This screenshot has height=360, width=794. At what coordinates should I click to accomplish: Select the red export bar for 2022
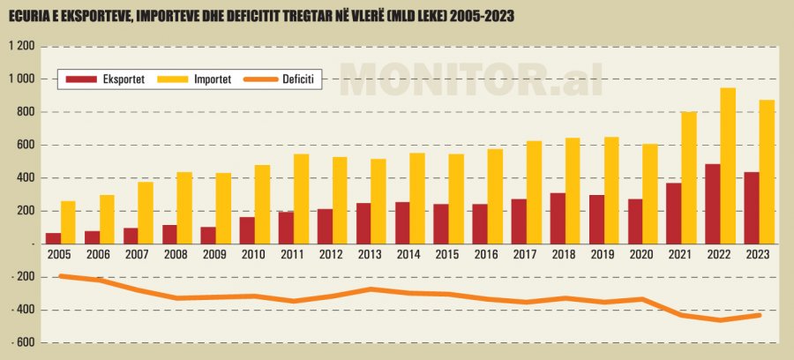[x=712, y=203]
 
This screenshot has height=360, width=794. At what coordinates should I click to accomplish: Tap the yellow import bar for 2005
[x=69, y=221]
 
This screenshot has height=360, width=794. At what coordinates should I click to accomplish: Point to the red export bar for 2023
[x=751, y=207]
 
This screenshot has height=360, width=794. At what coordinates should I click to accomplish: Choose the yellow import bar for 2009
[x=223, y=208]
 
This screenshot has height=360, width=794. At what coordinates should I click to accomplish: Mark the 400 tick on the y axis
[x=24, y=177]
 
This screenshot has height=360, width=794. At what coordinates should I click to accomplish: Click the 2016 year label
[x=487, y=254]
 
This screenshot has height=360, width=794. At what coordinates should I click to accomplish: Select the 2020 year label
[x=642, y=254]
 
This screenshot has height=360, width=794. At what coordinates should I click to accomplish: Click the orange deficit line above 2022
[x=720, y=319]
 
